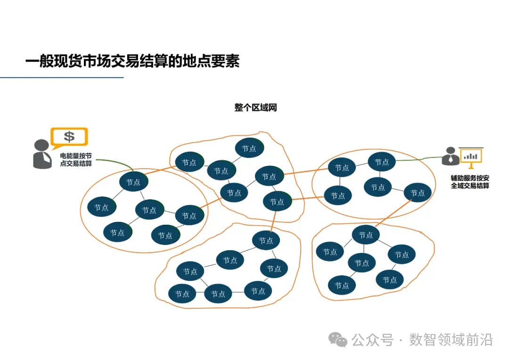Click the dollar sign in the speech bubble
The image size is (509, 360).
click(69, 137)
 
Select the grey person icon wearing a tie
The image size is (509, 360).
click(42, 154)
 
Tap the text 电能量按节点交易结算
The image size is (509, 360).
click(75, 159)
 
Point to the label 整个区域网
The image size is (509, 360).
click(255, 107)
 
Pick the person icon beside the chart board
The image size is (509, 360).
click(450, 156)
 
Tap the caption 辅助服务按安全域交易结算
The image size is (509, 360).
click(470, 182)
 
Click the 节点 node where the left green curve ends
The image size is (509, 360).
click(133, 182)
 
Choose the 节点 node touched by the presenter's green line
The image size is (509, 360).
click(381, 162)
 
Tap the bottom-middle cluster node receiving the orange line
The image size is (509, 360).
click(266, 241)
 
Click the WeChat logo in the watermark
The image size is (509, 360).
click(338, 340)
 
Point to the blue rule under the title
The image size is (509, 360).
click(61, 77)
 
